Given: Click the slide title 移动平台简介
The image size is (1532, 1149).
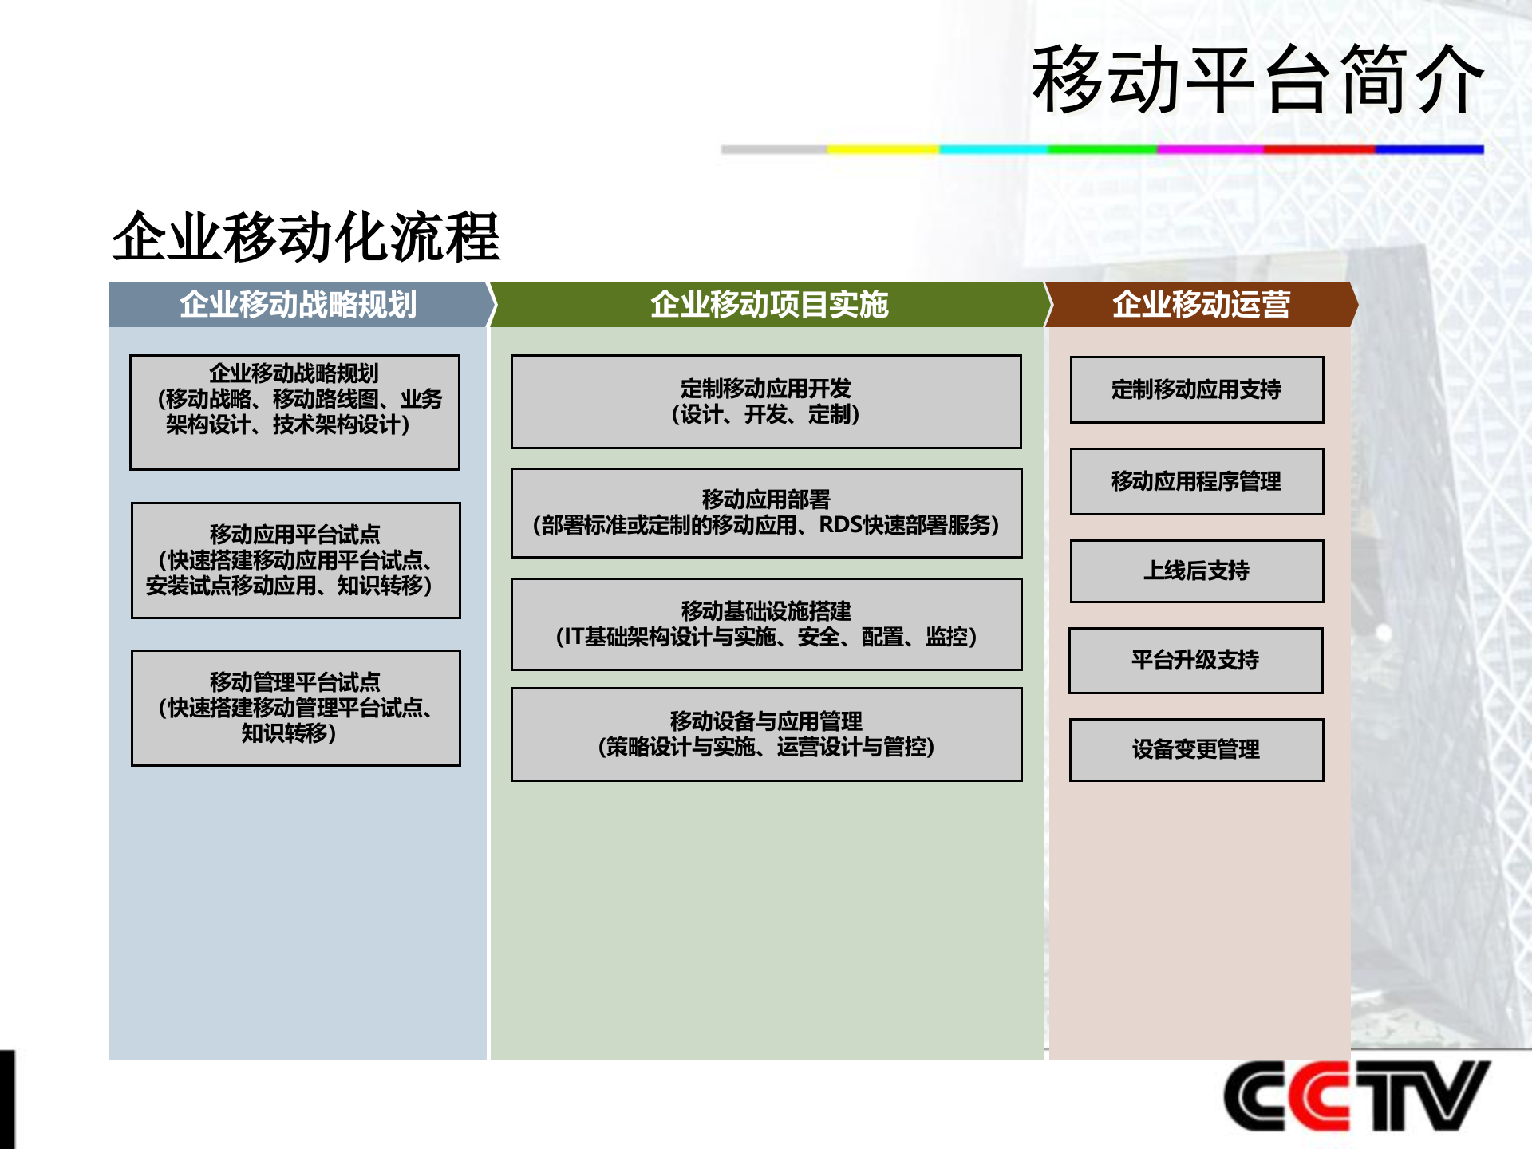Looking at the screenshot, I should tap(1257, 80).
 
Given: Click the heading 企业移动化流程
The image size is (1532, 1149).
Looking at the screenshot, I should tap(306, 237).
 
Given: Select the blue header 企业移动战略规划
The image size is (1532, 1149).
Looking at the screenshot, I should tap(298, 305).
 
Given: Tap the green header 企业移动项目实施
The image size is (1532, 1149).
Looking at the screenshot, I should tap(768, 305).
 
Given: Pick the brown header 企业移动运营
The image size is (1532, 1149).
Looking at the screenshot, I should tap(1201, 305).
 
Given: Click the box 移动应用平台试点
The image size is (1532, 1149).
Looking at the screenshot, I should tap(295, 560).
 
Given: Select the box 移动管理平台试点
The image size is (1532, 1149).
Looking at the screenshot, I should tap(295, 708).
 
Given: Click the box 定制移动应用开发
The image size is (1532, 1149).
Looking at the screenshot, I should tap(766, 401).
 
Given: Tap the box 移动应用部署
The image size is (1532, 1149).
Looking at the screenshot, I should tap(766, 512).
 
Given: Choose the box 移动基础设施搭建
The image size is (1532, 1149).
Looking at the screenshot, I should tap(766, 624).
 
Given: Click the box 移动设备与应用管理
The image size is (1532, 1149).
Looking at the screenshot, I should tap(766, 734).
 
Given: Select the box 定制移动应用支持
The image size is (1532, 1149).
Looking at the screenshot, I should tap(1196, 389).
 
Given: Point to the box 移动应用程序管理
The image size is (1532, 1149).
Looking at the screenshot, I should tap(1196, 481).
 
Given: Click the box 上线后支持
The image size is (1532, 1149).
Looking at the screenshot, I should tap(1196, 571).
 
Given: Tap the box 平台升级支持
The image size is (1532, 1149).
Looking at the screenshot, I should tap(1195, 660).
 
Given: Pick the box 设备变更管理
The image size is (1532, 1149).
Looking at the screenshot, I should tap(1196, 749).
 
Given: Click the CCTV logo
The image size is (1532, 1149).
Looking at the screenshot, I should tap(1356, 1096).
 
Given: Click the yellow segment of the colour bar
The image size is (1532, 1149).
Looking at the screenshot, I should tap(882, 149).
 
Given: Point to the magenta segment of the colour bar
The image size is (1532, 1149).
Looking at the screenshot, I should tap(1210, 149).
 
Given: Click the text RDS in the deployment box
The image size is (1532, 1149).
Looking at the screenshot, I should tap(841, 525).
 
